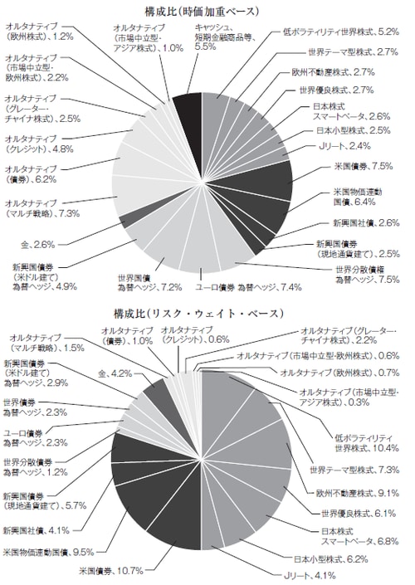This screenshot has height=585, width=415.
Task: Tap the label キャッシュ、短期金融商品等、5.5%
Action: [x=222, y=37]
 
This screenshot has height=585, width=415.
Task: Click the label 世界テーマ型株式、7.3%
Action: [x=354, y=470]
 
